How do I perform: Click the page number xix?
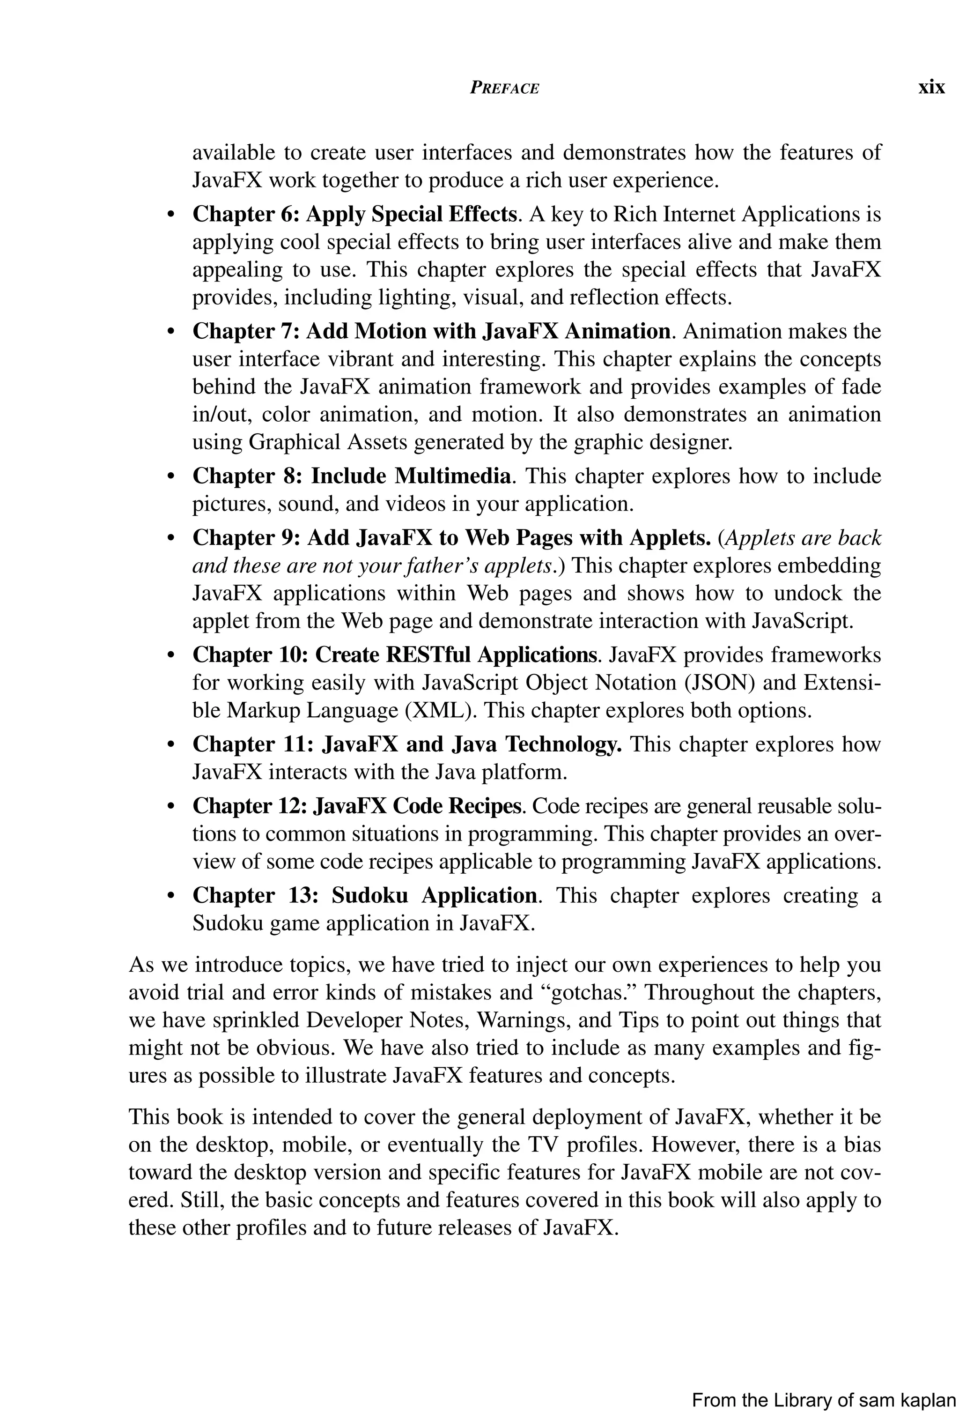tap(931, 88)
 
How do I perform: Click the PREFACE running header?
tap(504, 88)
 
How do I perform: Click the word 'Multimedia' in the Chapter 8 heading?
tap(453, 476)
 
